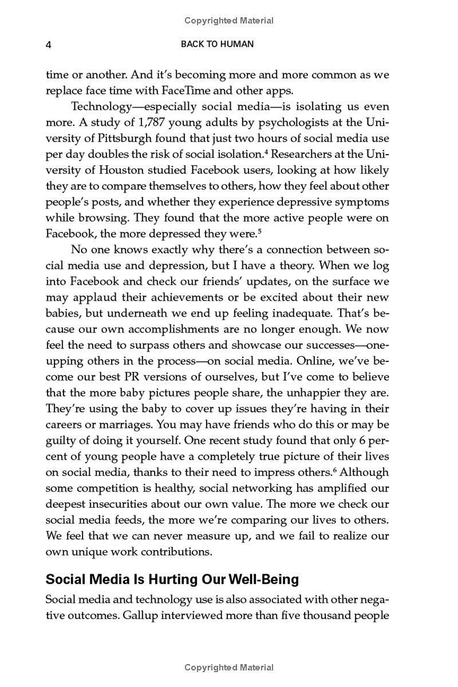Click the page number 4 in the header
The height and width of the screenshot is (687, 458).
(x=49, y=45)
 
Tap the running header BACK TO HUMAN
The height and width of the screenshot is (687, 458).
(x=217, y=44)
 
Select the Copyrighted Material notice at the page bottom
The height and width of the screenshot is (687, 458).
(x=229, y=668)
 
